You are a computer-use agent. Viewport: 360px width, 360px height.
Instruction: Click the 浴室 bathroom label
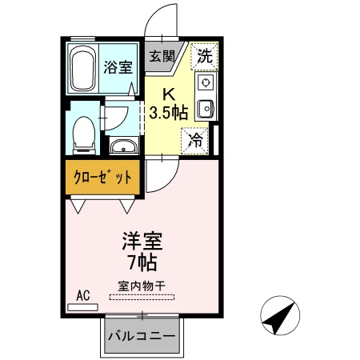[x=118, y=67]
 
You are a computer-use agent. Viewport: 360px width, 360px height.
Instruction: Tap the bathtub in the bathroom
[x=82, y=68]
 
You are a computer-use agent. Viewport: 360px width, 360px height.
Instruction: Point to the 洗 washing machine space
[x=205, y=56]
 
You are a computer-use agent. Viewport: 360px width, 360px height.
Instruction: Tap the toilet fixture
[x=82, y=134]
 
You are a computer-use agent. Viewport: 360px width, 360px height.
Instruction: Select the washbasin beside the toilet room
[x=122, y=146]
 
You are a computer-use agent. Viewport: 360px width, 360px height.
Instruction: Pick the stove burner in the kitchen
[x=206, y=83]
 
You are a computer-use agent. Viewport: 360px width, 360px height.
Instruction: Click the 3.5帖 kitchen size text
[x=169, y=110]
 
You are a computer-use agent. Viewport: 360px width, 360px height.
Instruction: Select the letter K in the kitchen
[x=169, y=92]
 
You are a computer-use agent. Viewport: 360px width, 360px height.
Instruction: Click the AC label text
[x=82, y=294]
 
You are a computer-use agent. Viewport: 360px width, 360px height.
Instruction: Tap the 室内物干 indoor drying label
[x=142, y=285]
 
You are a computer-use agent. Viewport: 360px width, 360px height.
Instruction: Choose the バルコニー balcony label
[x=142, y=336]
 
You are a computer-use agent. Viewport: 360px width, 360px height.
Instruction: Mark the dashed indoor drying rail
[x=142, y=297]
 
